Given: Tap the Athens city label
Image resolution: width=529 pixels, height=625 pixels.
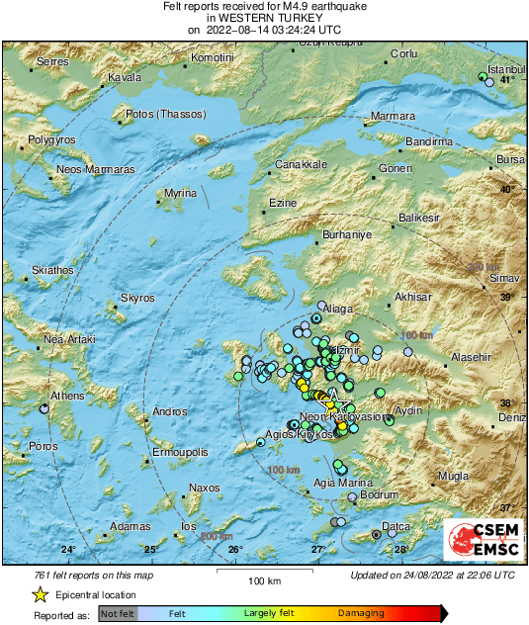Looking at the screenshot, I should click(x=68, y=396).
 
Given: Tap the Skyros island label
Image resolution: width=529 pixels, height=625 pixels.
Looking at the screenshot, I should click(x=137, y=297).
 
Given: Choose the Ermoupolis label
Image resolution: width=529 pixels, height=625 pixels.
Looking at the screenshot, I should click(x=178, y=452).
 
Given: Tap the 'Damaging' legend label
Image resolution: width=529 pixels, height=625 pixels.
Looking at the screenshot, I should click(x=362, y=614).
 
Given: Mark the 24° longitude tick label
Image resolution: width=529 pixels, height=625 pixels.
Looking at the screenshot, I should click(x=67, y=550).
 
